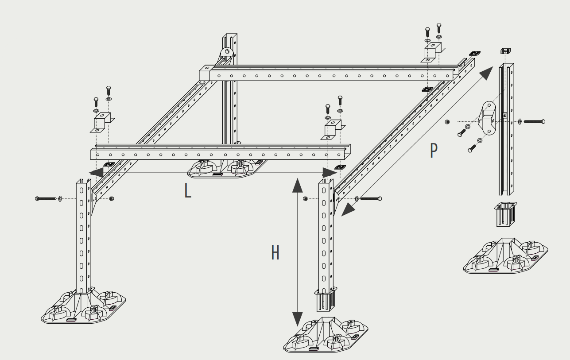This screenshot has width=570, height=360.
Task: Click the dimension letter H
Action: coord(275,253)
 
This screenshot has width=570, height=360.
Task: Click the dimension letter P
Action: coord(434,151)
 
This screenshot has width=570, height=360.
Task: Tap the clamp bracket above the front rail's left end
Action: coord(102,121)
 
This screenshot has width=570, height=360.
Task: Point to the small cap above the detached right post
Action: coord(504,50)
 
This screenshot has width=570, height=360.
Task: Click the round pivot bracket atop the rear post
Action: coord(227,54)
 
